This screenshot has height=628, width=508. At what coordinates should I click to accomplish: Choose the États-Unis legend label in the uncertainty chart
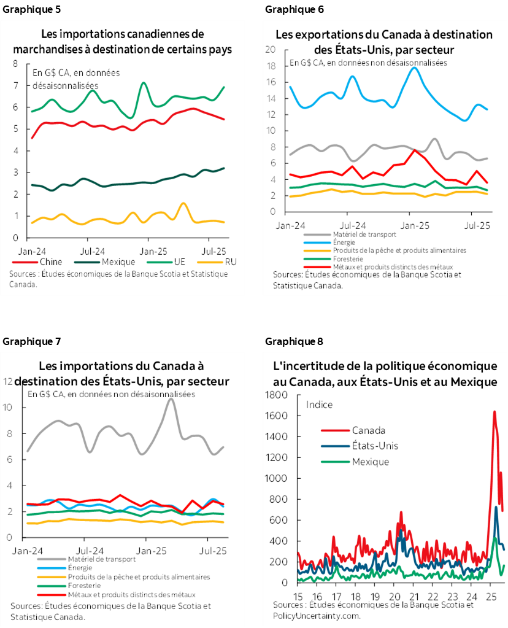[x=377, y=446]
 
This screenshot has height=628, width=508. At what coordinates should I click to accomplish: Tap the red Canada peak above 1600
[x=495, y=412]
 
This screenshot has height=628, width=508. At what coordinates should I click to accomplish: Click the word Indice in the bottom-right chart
[x=319, y=404]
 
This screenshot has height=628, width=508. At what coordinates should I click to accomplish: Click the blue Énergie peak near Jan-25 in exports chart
[x=415, y=68]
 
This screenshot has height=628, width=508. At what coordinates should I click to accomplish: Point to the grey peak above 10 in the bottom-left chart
[x=171, y=400]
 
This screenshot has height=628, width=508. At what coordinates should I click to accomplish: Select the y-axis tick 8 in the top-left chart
[x=15, y=63]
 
